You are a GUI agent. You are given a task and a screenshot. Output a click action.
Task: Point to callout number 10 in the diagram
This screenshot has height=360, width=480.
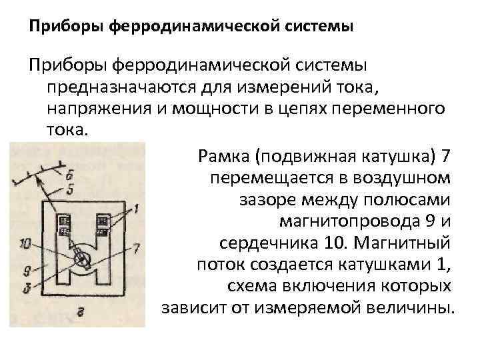(25, 244)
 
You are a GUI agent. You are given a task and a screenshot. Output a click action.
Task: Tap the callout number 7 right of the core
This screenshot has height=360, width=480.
(137, 248)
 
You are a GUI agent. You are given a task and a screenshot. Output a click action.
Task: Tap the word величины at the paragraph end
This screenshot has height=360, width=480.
(413, 308)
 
